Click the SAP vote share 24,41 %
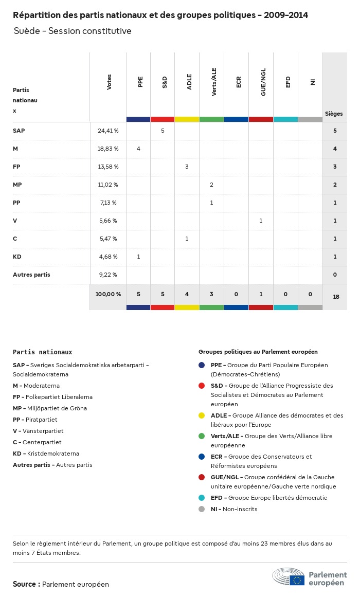click(x=108, y=131)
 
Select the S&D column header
click(x=165, y=82)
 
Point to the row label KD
click(x=17, y=257)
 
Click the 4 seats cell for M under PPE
click(x=138, y=149)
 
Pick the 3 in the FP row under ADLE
click(x=187, y=167)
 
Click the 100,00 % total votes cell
click(x=108, y=294)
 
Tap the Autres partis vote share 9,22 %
click(x=108, y=275)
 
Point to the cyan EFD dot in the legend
click(x=202, y=498)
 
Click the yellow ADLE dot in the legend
click(x=202, y=415)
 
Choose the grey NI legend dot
click(x=202, y=509)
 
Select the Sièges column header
click(x=334, y=114)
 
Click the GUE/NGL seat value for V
click(x=261, y=221)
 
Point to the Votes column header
click(x=109, y=82)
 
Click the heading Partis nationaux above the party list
click(x=42, y=352)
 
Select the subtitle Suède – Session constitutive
click(x=73, y=31)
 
